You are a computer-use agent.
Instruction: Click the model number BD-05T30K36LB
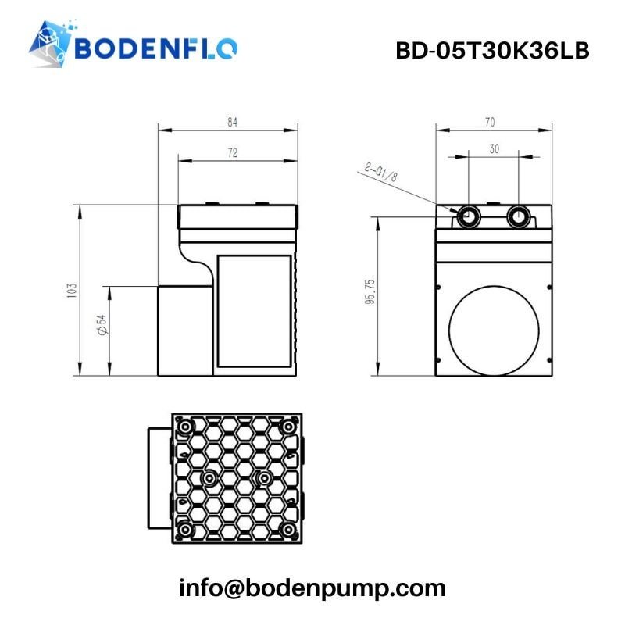coord(491,50)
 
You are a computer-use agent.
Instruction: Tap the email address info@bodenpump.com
coord(312,587)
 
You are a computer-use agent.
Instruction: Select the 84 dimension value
coord(232,121)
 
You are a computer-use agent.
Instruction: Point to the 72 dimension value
coord(232,154)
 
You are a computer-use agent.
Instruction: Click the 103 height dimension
coord(72,290)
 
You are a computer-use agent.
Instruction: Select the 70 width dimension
coord(490,122)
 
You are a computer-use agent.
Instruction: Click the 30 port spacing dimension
coord(494,149)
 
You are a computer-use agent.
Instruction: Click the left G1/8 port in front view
coord(470,216)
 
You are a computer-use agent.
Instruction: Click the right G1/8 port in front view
coord(518,216)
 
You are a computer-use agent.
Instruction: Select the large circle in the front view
coord(494,329)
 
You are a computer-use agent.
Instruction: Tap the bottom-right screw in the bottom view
coord(288,530)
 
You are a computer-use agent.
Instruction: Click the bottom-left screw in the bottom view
coord(184,530)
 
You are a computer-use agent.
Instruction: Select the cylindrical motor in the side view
coord(185,329)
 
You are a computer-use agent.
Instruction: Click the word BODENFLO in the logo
coord(156,48)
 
